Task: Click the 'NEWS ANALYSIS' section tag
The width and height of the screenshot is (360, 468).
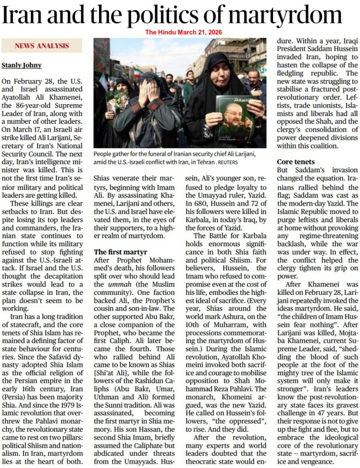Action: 42,46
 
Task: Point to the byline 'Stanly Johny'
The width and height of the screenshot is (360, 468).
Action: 21,65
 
